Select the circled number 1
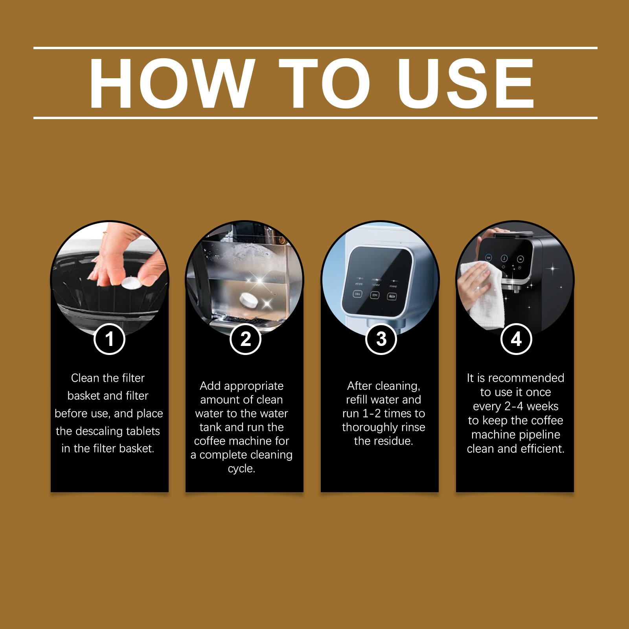click(x=109, y=338)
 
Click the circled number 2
click(x=245, y=338)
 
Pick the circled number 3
click(x=381, y=338)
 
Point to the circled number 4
click(x=516, y=338)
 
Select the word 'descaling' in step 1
click(x=108, y=431)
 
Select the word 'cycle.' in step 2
click(x=241, y=469)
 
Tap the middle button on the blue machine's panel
click(x=375, y=295)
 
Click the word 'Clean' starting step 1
click(x=85, y=378)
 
